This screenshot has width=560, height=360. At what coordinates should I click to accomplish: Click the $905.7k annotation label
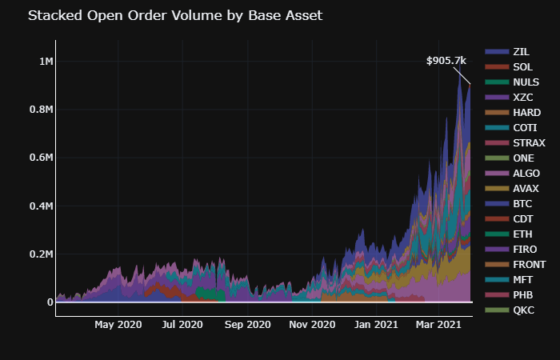446,60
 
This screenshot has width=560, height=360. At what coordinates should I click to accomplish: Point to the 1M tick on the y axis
45,62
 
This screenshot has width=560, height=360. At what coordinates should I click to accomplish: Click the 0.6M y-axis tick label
40,158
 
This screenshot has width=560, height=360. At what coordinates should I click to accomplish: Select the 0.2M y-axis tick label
40,254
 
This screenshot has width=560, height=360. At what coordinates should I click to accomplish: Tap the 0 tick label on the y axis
50,302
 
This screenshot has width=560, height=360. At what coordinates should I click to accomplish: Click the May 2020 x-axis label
118,325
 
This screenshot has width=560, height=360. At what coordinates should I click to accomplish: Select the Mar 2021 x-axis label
439,325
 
